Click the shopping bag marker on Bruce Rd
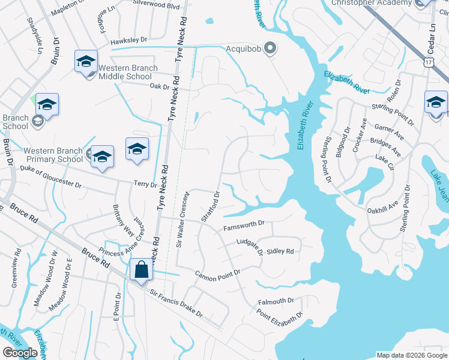coord(142,269)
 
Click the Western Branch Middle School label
coord(125,72)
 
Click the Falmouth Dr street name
coord(276,301)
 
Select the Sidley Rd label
coord(280,251)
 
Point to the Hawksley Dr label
coord(129,40)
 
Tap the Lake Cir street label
coord(383,158)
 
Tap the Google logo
coord(20,352)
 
